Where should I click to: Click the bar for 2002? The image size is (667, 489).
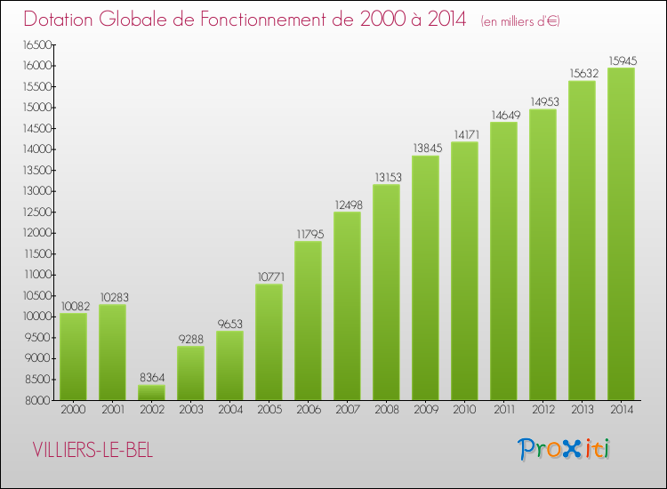click(151, 392)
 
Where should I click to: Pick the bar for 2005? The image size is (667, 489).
click(269, 341)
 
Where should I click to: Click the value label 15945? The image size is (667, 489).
click(621, 60)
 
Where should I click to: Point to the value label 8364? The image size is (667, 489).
click(151, 378)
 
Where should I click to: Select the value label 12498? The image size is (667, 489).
click(347, 205)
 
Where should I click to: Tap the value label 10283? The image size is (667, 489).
click(112, 298)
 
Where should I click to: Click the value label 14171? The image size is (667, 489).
click(464, 135)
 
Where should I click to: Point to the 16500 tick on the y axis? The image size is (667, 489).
click(37, 44)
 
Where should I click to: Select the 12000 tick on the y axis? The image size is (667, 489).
click(37, 233)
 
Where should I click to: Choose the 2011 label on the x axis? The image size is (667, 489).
click(503, 411)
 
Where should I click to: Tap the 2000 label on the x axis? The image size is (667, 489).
click(73, 411)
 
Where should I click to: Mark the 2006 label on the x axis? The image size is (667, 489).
click(308, 411)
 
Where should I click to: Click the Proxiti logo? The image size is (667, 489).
click(565, 449)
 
